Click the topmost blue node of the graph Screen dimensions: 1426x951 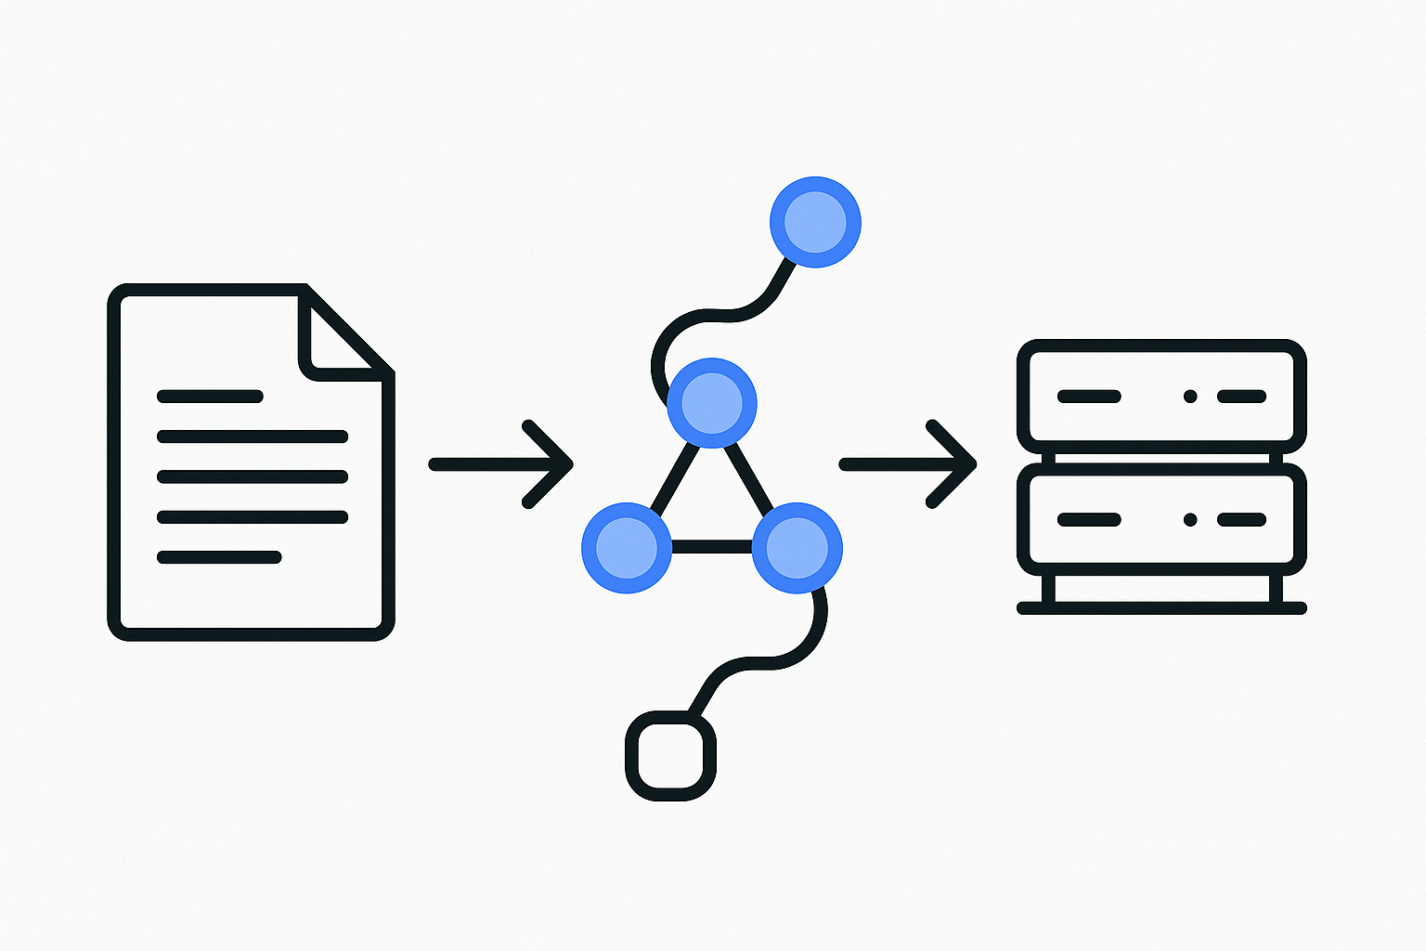[815, 222]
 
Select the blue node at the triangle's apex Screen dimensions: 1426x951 [712, 403]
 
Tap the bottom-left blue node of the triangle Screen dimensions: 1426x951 [627, 548]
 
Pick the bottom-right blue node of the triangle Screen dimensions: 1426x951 [797, 548]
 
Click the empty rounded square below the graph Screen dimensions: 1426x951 [670, 755]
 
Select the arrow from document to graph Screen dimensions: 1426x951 [500, 463]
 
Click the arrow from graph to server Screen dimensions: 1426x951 [907, 463]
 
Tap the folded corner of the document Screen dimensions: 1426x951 [342, 336]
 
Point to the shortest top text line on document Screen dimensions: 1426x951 [210, 397]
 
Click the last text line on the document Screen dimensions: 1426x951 [219, 557]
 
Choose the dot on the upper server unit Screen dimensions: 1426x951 [1190, 397]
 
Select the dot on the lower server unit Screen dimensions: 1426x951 [1190, 520]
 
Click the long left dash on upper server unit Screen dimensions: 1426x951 [1089, 397]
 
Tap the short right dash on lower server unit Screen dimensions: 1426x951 [1241, 520]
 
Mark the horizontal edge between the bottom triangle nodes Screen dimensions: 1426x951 [711, 547]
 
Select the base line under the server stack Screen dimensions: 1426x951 [1161, 608]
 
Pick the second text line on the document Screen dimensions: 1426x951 [252, 436]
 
